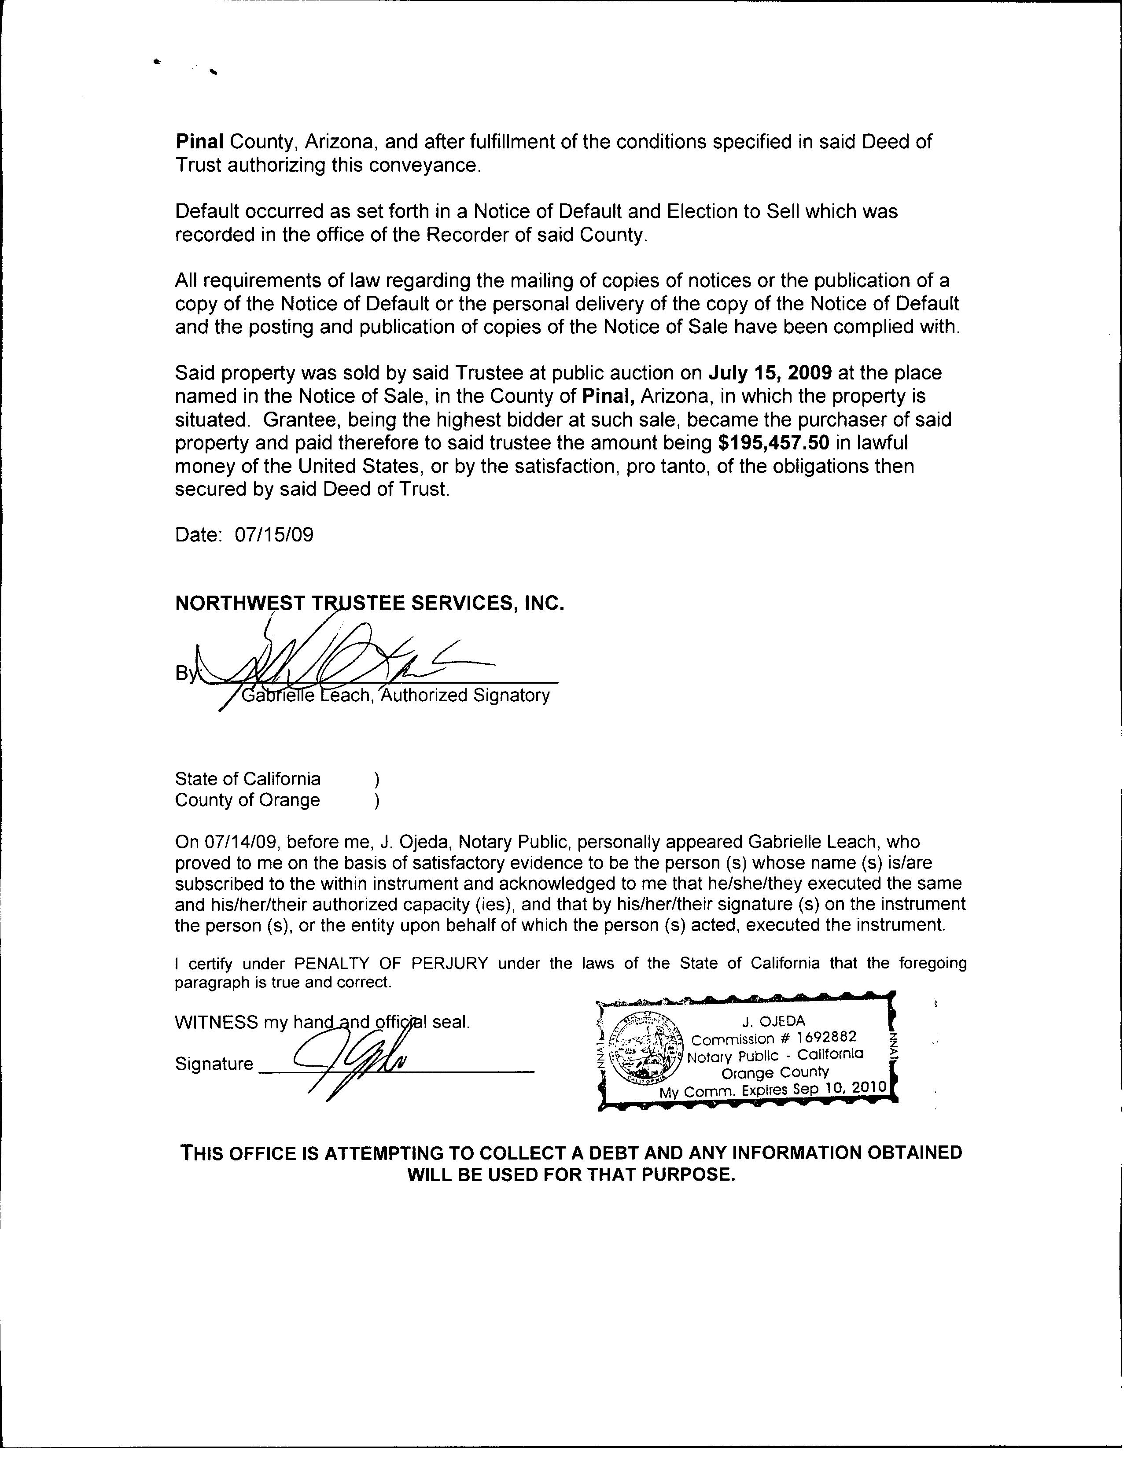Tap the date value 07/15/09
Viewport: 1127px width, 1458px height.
(274, 535)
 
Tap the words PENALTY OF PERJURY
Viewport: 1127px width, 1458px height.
(391, 963)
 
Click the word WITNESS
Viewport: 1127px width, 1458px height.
(216, 1023)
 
